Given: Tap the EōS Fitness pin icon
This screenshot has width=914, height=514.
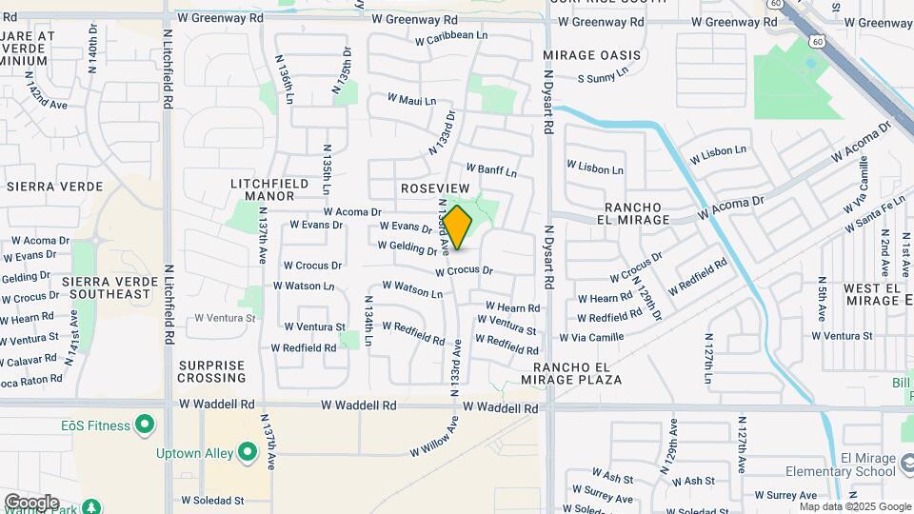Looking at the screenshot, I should pos(145,424).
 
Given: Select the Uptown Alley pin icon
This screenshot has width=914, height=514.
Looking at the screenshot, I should pos(248,452).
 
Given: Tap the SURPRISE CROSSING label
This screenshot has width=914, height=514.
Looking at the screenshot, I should pos(212,371).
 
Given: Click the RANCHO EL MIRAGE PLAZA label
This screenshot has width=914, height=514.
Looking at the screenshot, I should pos(577,373).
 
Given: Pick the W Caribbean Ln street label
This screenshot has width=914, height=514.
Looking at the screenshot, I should pos(451,37).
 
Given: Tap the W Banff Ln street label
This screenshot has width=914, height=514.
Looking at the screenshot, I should pos(490,169).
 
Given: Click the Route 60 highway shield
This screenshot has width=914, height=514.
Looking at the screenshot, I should pos(818,41).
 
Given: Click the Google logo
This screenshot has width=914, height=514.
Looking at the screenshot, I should pos(31,502).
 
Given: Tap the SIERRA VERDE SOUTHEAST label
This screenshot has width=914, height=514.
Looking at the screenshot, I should pos(107,287).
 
